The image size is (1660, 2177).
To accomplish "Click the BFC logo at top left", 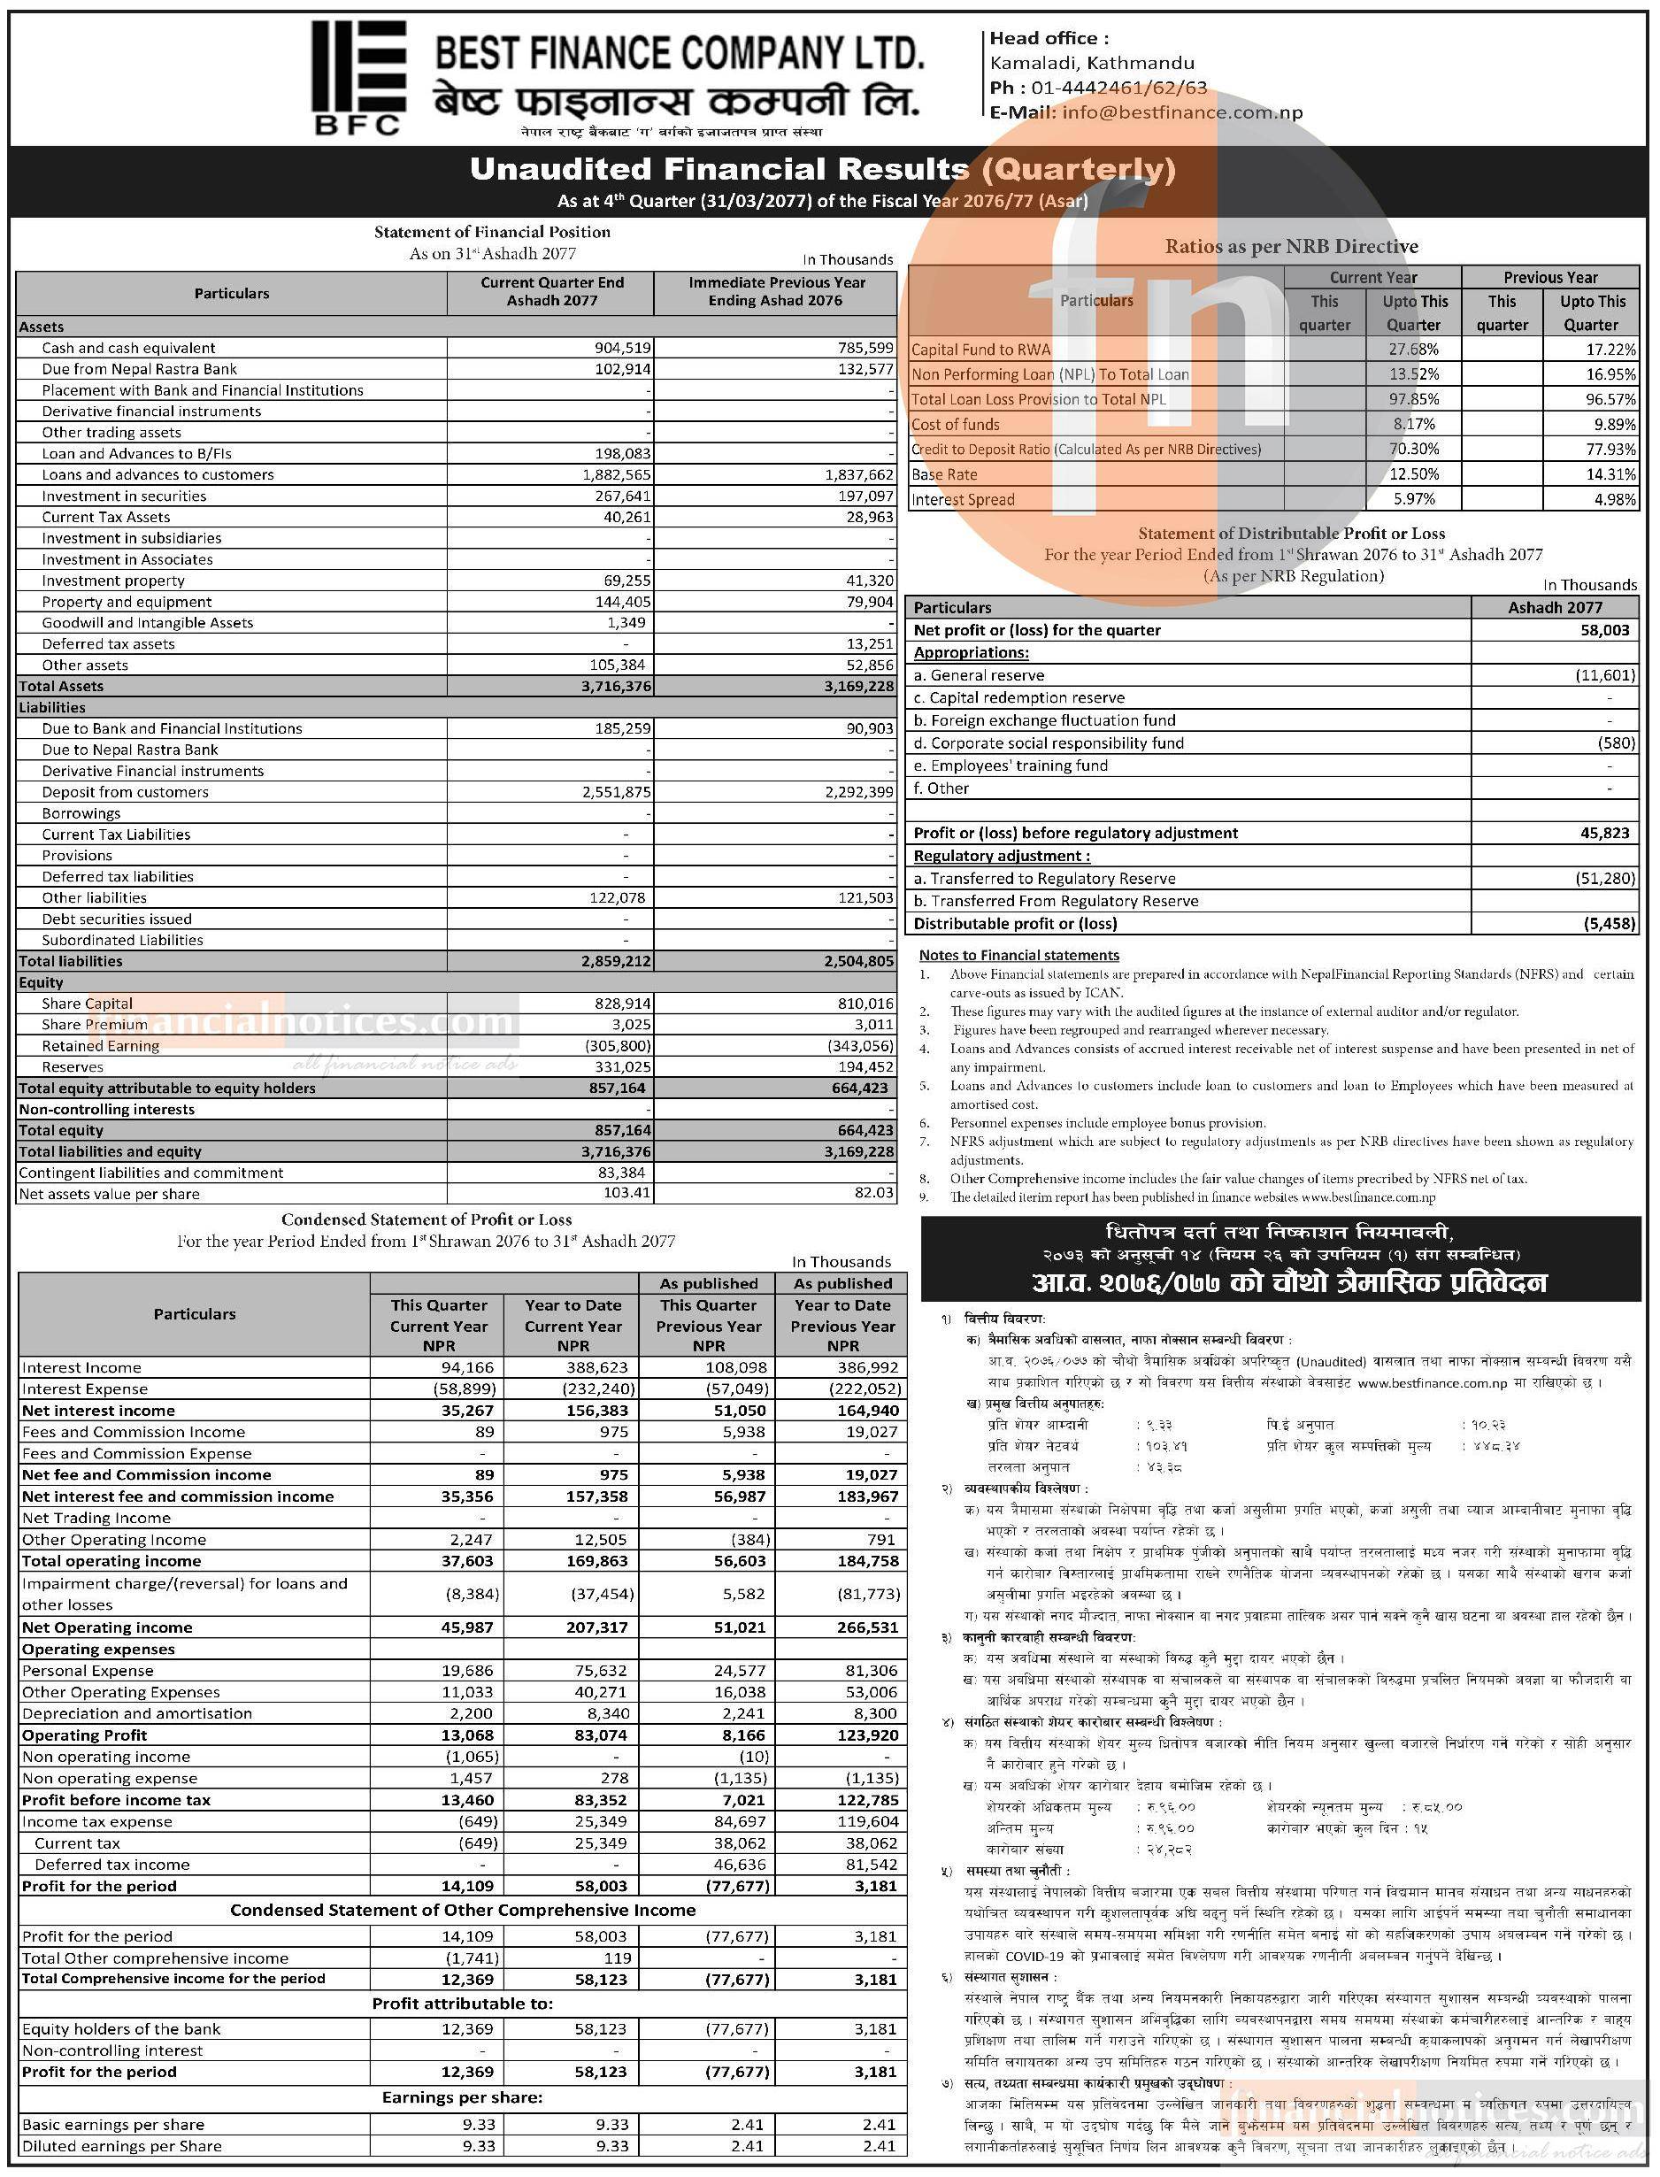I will [357, 77].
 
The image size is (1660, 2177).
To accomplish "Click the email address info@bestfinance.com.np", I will [1182, 112].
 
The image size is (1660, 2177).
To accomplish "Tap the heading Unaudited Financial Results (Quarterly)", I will [822, 169].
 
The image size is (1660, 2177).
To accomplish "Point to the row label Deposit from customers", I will [126, 791].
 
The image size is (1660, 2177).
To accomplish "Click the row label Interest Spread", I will [963, 499].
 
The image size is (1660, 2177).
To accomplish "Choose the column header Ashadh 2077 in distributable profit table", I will [1555, 607].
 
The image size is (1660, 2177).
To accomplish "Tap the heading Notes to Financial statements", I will [1018, 955].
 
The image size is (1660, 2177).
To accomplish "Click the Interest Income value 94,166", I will [467, 1366].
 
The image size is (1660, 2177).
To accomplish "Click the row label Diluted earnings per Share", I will [121, 2145].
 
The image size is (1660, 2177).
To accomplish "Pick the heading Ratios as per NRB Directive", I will [1290, 246].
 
